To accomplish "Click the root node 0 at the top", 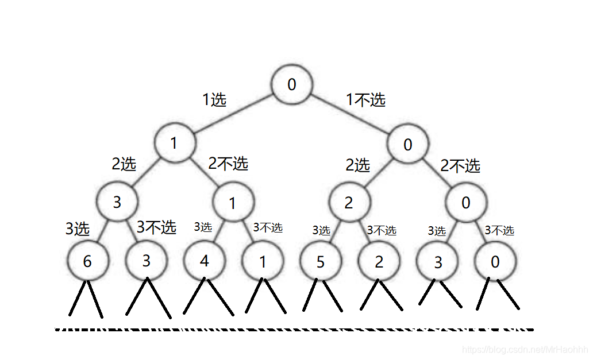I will tap(292, 84).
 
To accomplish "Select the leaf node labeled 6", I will tap(87, 261).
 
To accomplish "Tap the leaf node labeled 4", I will tap(204, 261).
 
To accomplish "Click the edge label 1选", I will tap(214, 100).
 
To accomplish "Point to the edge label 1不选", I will tap(365, 100).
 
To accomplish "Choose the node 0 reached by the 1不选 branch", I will tap(408, 144).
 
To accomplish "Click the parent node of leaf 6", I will tap(117, 202).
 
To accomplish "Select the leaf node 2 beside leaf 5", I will tap(379, 261).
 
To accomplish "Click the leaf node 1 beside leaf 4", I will tap(263, 261).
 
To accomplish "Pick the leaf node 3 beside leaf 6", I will tap(146, 261).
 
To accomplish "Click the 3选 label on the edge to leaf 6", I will tap(78, 230).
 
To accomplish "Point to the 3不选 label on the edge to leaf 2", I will tap(382, 230).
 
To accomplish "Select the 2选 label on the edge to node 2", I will tap(357, 166).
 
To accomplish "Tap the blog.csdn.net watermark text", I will tap(525, 350).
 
